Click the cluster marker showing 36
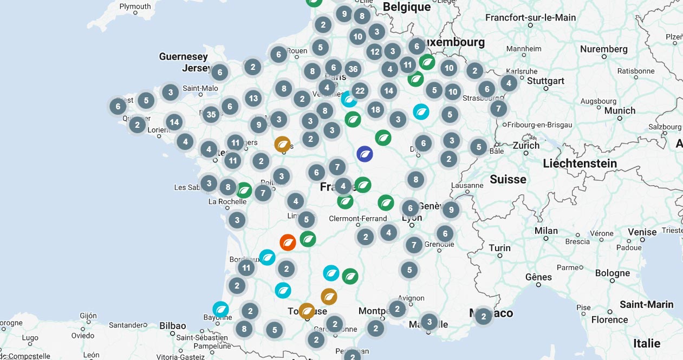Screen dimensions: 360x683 [353, 69]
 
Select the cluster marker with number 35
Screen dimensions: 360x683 [211, 114]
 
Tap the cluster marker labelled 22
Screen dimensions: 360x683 [360, 90]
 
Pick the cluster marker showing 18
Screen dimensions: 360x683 [375, 110]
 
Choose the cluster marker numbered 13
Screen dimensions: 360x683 [253, 98]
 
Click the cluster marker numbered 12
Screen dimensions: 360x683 [374, 51]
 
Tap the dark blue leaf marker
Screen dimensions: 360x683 [365, 154]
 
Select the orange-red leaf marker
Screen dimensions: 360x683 [288, 242]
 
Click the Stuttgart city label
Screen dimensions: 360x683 [545, 81]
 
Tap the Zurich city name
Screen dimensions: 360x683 [526, 145]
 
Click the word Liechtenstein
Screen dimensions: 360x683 [580, 163]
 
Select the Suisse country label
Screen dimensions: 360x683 [508, 179]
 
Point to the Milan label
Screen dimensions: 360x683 [546, 231]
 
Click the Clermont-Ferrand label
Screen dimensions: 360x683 [358, 219]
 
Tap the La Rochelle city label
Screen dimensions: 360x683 [227, 202]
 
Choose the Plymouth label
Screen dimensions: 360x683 [135, 6]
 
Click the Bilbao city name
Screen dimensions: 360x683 [172, 326]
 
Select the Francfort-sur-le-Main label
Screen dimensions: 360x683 [530, 17]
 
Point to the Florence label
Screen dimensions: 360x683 [609, 319]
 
